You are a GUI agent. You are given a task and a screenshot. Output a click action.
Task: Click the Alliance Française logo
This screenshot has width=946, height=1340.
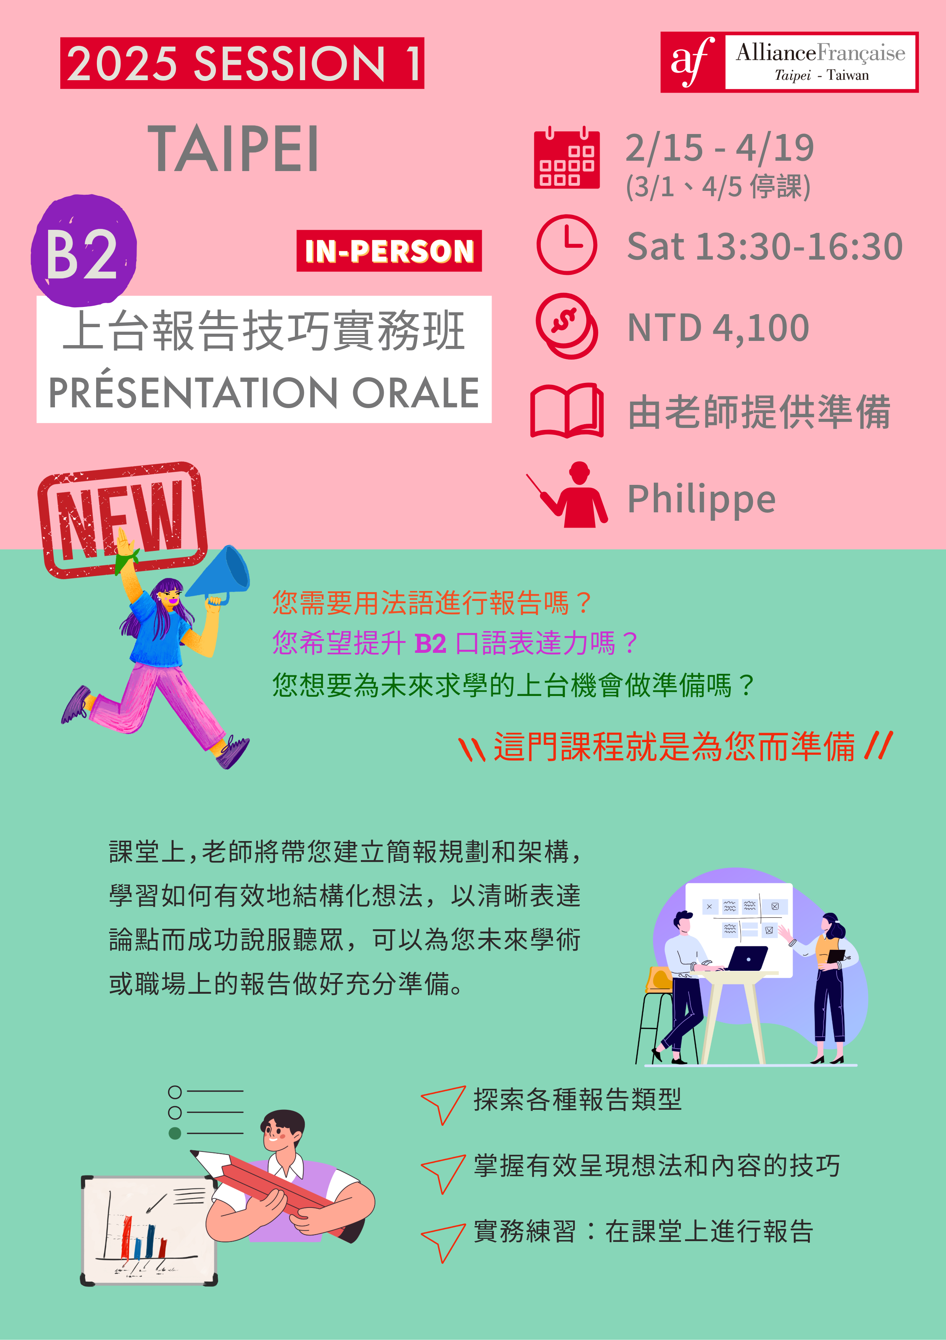(x=789, y=62)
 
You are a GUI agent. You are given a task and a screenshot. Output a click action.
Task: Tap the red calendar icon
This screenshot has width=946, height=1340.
(x=566, y=158)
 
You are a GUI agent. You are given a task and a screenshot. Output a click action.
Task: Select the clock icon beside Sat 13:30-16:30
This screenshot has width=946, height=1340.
(x=566, y=245)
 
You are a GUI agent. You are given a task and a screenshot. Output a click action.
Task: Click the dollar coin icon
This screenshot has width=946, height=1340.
(x=566, y=326)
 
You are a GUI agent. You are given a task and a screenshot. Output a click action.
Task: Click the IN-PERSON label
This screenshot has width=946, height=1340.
(x=389, y=251)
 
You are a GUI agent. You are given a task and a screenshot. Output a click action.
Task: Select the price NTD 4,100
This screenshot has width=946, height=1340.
(x=718, y=328)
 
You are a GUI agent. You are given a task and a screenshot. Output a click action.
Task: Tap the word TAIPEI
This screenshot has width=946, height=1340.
(x=233, y=149)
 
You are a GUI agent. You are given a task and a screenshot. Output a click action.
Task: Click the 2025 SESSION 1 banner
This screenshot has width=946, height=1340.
(x=242, y=63)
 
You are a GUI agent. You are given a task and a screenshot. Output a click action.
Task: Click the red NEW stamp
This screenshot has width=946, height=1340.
(x=122, y=520)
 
